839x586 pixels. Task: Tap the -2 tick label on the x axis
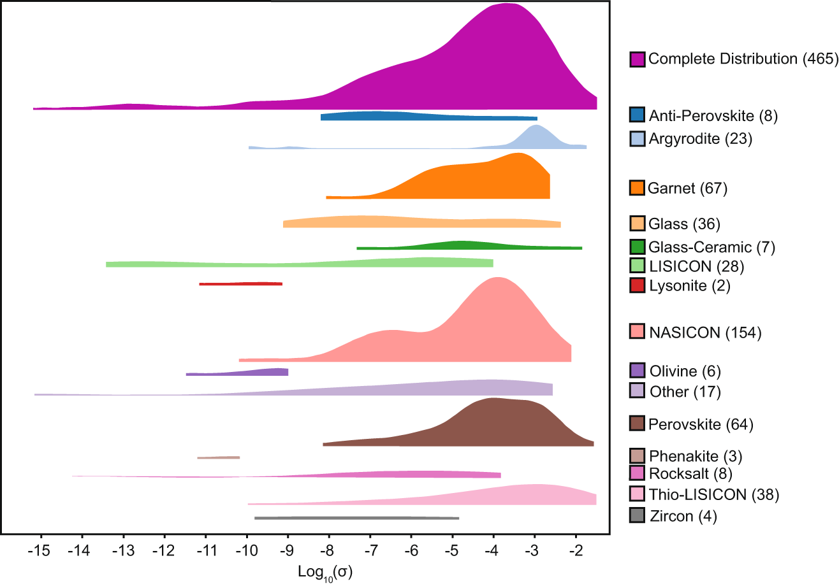pos(576,549)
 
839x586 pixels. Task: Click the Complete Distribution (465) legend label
pos(742,59)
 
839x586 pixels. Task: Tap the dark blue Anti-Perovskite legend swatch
pos(637,115)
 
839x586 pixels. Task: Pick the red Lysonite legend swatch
pos(637,285)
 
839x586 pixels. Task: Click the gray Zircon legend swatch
pos(637,516)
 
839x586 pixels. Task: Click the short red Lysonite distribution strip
pos(240,283)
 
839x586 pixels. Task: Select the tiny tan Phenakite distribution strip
pos(219,457)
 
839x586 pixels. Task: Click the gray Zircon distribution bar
pos(356,518)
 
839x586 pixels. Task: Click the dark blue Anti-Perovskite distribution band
pos(428,116)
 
